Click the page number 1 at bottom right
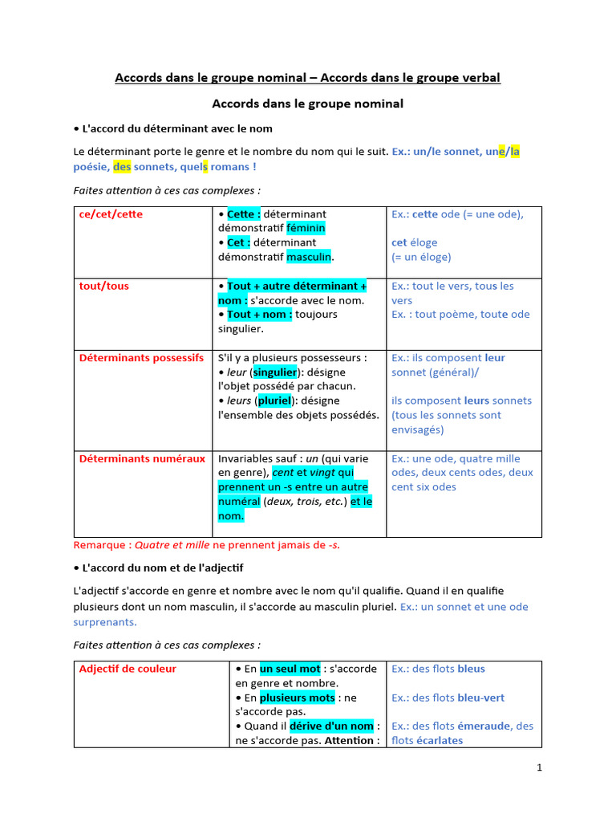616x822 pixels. [540, 767]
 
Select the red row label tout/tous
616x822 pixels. [103, 286]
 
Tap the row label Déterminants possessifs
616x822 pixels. [141, 358]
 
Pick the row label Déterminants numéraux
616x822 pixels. [142, 458]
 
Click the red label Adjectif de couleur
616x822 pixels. [128, 669]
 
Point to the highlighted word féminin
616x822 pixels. [306, 229]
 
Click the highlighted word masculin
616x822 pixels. [309, 257]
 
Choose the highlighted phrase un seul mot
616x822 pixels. [290, 669]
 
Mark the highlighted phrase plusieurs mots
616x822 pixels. [297, 698]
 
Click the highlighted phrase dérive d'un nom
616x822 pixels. [331, 726]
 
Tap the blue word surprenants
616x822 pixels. [104, 621]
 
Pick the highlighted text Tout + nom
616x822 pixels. [259, 315]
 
